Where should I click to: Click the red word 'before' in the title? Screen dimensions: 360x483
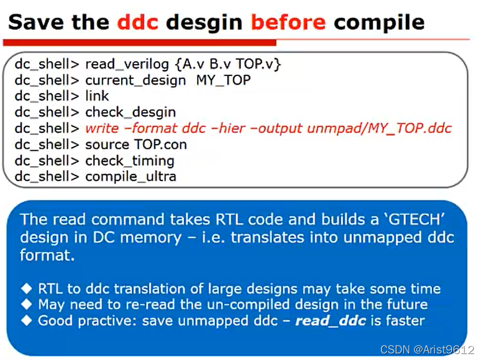point(288,23)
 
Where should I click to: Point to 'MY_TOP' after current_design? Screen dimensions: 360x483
point(223,80)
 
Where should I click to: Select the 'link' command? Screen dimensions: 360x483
point(97,96)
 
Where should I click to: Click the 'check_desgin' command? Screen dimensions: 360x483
point(131,112)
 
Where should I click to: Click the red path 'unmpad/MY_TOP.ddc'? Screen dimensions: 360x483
point(379,128)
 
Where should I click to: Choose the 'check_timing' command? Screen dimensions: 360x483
point(130,161)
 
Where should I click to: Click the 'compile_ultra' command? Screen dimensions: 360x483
point(131,177)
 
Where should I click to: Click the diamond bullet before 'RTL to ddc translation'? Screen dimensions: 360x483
point(26,289)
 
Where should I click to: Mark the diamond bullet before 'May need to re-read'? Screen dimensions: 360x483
point(26,305)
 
